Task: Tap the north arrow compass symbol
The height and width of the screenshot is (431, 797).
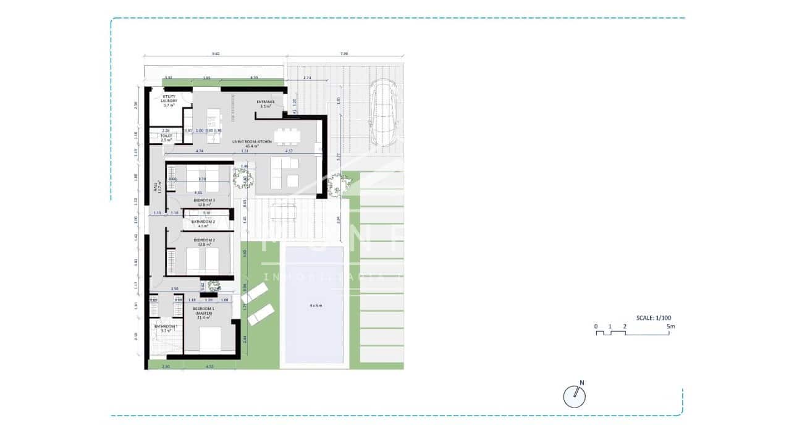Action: [x=575, y=396]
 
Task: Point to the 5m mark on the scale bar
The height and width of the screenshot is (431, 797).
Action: [x=670, y=325]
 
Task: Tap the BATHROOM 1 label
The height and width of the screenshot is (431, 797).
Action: [x=165, y=328]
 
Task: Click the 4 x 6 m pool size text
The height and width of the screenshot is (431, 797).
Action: [x=316, y=306]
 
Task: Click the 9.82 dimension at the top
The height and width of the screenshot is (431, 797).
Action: [x=216, y=54]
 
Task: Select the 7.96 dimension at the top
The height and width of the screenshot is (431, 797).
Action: [x=344, y=54]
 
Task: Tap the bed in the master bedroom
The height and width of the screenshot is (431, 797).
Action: [x=210, y=340]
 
